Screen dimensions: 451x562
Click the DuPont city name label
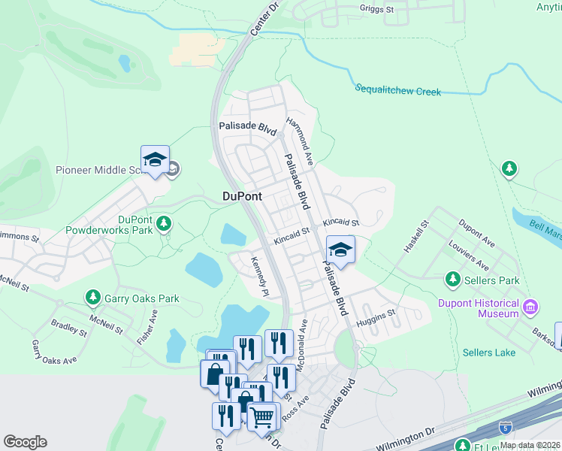(243, 196)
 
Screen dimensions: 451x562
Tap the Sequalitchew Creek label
(397, 91)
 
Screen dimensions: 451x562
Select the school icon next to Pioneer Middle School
(155, 160)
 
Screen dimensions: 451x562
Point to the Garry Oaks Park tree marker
(93, 298)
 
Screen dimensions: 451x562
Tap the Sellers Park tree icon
(453, 280)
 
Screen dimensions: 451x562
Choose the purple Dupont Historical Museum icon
(531, 307)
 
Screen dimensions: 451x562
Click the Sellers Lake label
(488, 353)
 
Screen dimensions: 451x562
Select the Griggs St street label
(376, 10)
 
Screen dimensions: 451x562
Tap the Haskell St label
(415, 237)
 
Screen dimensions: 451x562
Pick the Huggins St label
(376, 313)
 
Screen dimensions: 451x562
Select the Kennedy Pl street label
(259, 275)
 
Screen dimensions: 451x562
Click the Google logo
(25, 442)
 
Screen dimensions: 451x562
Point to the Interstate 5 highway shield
(506, 427)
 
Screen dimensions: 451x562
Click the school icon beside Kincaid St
(340, 250)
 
